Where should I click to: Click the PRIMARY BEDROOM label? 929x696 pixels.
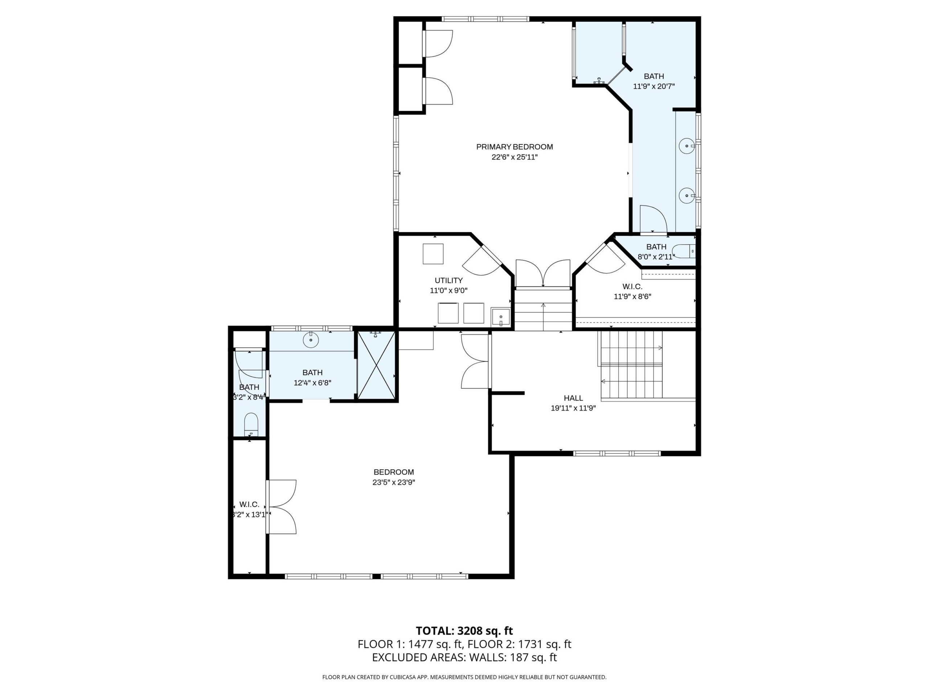(514, 147)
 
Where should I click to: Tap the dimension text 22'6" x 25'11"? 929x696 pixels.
(514, 157)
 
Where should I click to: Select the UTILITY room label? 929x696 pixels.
(449, 280)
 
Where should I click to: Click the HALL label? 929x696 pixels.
(573, 398)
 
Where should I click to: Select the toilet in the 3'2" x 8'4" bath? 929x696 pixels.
(251, 424)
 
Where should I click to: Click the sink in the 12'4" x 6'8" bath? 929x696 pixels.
(311, 339)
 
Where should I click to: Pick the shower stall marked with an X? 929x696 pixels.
(376, 365)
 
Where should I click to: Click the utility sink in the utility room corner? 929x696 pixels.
(501, 317)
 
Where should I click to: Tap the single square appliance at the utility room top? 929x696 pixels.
(433, 254)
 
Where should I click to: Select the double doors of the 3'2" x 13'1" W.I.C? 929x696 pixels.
(282, 507)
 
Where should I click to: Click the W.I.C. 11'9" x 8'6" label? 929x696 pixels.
(632, 291)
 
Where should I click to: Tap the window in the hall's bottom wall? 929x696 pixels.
(617, 453)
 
